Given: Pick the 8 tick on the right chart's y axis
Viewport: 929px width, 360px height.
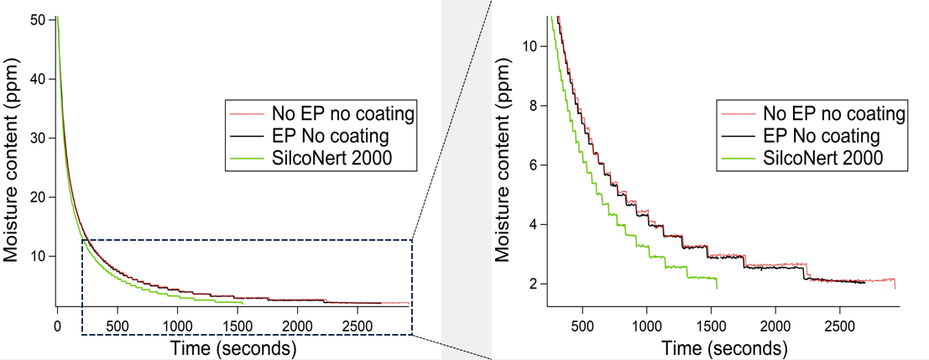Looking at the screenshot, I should pos(530,106).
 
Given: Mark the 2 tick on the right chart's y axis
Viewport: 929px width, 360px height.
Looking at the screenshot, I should pos(530,284).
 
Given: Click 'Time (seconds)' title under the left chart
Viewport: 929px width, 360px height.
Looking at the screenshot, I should pos(232,347).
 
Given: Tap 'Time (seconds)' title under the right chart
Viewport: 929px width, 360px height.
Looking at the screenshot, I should pos(723,347).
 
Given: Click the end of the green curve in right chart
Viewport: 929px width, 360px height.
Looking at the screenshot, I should pos(717,288).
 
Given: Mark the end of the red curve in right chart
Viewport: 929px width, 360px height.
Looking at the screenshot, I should pos(895,288).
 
